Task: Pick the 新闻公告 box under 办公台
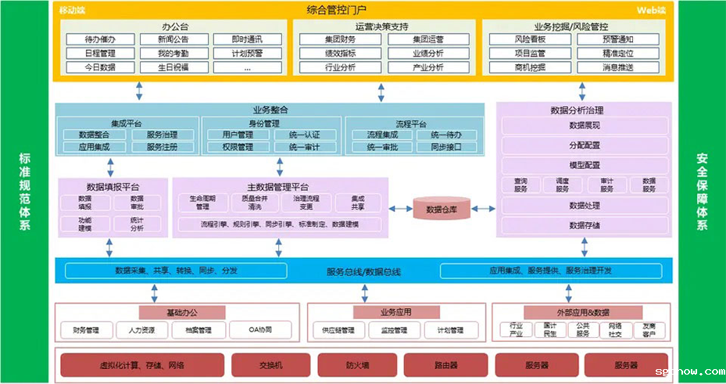(x=173, y=40)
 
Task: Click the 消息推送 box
(x=617, y=67)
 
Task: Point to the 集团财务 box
(x=340, y=40)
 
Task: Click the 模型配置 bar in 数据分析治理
(x=585, y=165)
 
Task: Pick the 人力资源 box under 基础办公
(x=142, y=330)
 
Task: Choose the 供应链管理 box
(x=338, y=330)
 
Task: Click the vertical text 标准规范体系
(x=25, y=192)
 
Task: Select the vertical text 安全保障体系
(x=702, y=192)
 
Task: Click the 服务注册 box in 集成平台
(x=162, y=147)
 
